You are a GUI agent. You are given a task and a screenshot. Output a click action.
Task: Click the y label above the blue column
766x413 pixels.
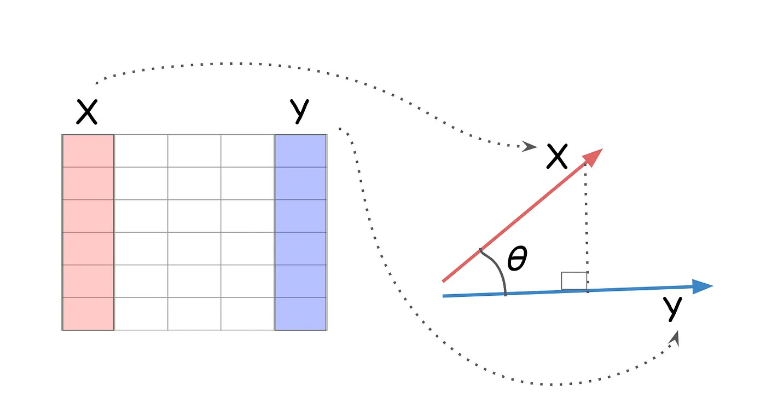[300, 111]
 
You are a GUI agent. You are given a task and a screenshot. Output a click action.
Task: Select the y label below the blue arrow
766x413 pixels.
[672, 309]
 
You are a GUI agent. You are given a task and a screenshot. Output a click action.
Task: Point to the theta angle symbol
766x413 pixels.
[517, 259]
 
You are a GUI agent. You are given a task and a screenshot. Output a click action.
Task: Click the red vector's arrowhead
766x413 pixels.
[594, 156]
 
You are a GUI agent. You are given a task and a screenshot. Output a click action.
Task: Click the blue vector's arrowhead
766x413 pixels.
[703, 286]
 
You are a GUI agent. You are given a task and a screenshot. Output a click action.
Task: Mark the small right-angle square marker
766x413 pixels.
[574, 280]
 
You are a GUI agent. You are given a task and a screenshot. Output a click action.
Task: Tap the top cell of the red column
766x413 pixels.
[88, 151]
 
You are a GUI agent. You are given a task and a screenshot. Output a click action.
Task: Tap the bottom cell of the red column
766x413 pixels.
[88, 314]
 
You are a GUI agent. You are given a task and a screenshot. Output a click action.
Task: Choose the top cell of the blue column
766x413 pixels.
[300, 151]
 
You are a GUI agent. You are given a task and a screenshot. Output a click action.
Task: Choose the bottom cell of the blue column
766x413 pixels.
[300, 314]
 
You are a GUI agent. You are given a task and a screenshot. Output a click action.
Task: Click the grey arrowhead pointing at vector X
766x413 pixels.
[529, 146]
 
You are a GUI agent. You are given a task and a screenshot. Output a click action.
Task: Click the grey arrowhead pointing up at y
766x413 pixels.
[677, 338]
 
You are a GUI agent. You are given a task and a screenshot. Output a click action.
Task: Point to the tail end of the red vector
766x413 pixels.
[444, 281]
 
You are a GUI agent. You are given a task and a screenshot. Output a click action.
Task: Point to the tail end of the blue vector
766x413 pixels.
[444, 296]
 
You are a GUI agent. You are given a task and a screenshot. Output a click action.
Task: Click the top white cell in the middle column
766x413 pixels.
[194, 151]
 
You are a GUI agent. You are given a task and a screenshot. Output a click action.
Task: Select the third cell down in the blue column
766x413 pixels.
[300, 216]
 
